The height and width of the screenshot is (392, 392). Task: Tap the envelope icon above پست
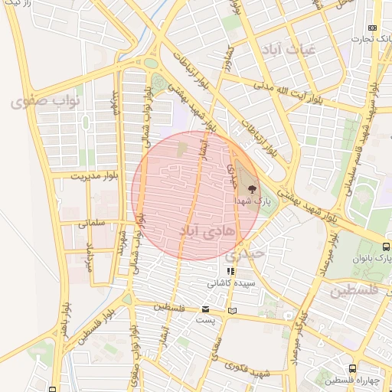click(x=205, y=309)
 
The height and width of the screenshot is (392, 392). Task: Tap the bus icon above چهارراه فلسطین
click(x=353, y=368)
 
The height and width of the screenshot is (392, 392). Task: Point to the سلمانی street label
click(x=90, y=224)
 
